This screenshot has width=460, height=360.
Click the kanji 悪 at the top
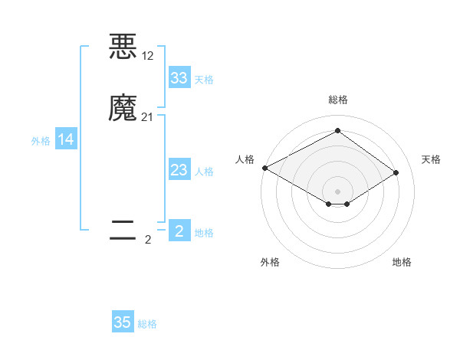(123, 47)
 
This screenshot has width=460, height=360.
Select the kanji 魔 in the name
(123, 108)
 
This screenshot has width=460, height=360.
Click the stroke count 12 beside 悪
(148, 56)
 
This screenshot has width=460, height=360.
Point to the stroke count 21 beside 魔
(148, 117)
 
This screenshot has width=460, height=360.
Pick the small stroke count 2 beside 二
(148, 240)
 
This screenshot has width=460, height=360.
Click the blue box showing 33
(179, 78)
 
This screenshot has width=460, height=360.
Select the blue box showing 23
(179, 170)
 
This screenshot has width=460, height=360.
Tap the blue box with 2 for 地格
(179, 231)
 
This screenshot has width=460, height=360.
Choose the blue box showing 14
(66, 139)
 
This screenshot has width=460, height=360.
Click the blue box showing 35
(123, 322)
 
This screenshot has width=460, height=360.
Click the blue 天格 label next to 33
(204, 80)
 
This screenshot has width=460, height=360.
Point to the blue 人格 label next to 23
(204, 172)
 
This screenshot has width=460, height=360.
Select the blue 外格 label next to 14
(41, 141)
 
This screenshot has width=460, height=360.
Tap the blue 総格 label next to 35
(147, 324)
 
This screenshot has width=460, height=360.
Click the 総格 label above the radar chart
(337, 100)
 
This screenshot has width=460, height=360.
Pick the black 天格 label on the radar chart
(431, 159)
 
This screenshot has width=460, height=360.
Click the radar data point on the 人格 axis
(264, 168)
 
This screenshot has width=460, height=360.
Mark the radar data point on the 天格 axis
(396, 172)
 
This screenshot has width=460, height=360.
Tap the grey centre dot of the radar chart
(337, 191)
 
